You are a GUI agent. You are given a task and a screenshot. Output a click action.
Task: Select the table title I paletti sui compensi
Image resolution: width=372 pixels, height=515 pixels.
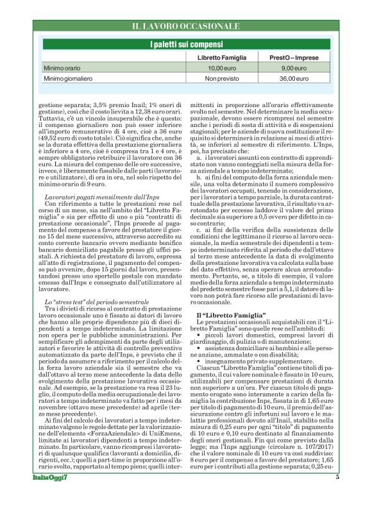pos(185,44)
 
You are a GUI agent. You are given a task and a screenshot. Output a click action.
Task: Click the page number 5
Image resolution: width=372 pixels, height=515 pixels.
pos(337,495)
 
